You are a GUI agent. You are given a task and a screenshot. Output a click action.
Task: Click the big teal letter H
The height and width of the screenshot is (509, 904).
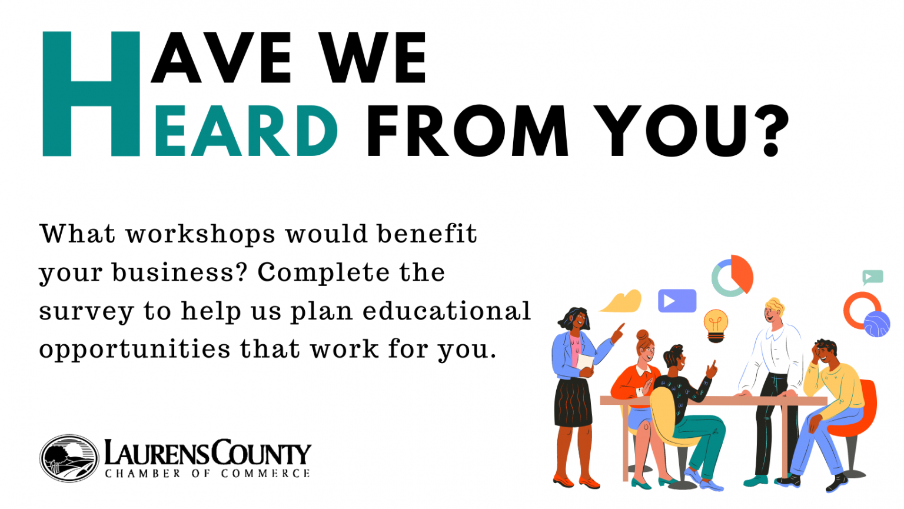(x=91, y=94)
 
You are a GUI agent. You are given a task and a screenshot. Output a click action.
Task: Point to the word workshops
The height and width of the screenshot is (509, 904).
(x=200, y=235)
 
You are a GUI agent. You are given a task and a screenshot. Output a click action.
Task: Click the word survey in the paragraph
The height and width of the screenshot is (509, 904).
(x=86, y=312)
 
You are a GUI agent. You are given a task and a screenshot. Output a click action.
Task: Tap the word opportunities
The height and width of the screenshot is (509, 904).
(x=135, y=350)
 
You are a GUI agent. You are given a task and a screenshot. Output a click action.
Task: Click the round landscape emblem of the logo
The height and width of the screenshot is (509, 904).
(x=69, y=458)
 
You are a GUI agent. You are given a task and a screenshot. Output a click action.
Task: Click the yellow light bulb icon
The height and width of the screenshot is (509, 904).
(x=716, y=324)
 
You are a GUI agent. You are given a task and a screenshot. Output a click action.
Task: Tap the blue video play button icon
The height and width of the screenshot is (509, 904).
(x=677, y=301)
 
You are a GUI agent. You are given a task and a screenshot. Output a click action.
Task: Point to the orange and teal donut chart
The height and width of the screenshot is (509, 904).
(x=732, y=275)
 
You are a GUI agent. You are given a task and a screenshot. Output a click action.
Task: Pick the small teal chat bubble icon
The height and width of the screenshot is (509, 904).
(x=872, y=277)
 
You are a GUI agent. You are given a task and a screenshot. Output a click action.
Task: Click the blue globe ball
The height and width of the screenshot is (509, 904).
(x=877, y=324)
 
